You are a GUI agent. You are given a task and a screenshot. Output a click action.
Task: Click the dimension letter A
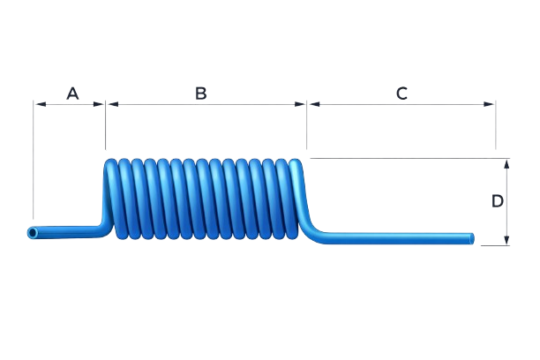72,94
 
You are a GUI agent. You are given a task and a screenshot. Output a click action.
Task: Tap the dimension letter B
201,94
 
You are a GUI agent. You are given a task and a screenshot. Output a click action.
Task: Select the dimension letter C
401,94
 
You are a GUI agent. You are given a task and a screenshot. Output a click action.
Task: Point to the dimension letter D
497,201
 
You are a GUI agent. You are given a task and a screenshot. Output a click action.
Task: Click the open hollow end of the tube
33,233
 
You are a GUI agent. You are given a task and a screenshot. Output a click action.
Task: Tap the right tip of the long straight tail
472,237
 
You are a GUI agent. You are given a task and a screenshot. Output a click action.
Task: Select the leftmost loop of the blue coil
112,199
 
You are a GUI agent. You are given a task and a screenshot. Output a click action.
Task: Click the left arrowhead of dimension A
36,103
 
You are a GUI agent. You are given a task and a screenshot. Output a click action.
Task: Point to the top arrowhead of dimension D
506,162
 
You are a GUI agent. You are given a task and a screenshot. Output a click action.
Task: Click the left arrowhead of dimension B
109,103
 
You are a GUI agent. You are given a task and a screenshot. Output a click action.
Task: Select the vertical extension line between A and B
104,128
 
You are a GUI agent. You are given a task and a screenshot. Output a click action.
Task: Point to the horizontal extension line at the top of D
406,159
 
